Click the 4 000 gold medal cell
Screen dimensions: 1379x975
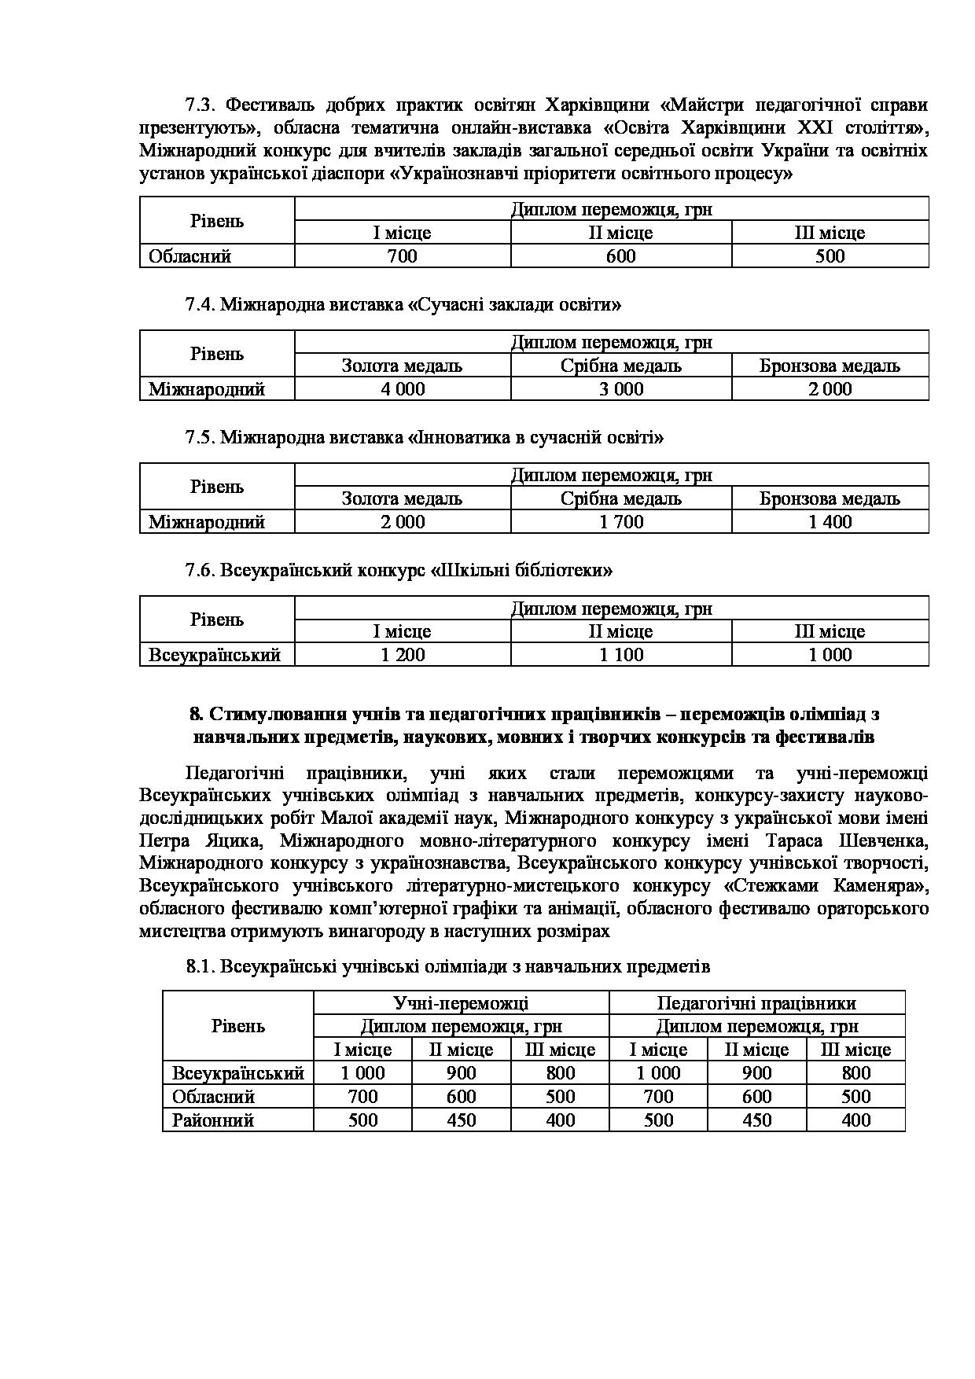point(403,389)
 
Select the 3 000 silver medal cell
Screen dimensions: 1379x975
point(621,389)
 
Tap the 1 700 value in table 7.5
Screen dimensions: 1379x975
point(621,522)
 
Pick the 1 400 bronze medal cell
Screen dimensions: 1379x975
point(830,522)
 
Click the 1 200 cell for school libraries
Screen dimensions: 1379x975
point(403,655)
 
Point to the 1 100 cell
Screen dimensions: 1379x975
point(621,655)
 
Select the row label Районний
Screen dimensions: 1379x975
point(212,1120)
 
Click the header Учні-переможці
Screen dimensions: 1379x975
point(461,1003)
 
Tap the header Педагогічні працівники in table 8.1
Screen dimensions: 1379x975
point(756,1003)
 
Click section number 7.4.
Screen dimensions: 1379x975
point(201,304)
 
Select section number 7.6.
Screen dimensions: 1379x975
point(201,571)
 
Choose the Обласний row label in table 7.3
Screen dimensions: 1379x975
point(189,256)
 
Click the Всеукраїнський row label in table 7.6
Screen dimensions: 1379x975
point(215,655)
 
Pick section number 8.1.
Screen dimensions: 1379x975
point(201,967)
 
